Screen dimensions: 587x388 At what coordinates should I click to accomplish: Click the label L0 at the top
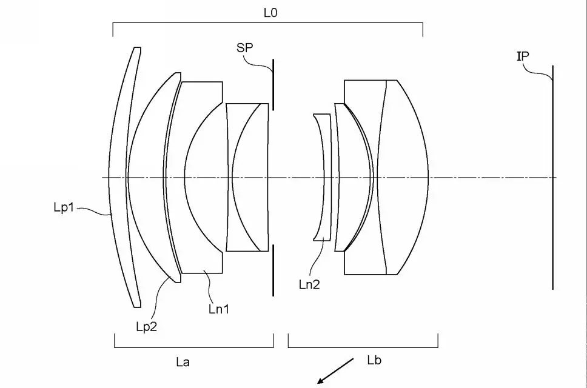pos(270,13)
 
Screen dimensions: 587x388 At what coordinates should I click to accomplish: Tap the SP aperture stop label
pos(245,47)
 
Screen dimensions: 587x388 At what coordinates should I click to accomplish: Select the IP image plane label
pos(523,56)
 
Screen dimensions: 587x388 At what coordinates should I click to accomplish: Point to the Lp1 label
pos(64,207)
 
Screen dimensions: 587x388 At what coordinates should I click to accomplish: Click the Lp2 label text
pos(146,327)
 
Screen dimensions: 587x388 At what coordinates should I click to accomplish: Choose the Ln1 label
pos(219,309)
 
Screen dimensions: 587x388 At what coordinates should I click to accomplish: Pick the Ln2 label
pos(309,285)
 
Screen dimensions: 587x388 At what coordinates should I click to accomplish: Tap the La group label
pos(183,362)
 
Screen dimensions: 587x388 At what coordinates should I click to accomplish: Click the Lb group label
pos(374,360)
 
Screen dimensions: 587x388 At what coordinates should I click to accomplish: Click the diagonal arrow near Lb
pos(335,371)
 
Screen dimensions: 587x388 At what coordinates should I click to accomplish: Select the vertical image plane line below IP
pos(552,178)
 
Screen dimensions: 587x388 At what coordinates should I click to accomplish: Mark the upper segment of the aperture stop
pos(273,84)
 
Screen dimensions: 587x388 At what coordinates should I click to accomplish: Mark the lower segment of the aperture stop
pos(273,270)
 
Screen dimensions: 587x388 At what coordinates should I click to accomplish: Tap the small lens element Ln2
pos(323,178)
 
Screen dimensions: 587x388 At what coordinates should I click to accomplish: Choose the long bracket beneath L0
pos(268,30)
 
